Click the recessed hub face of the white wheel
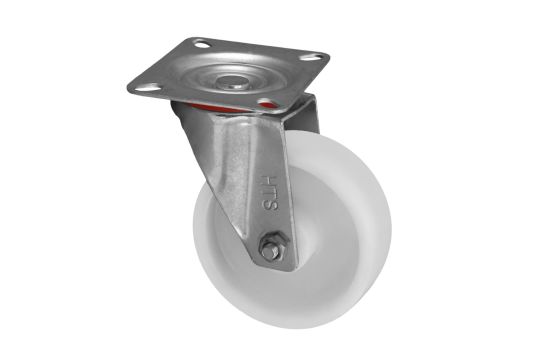(320, 240)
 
